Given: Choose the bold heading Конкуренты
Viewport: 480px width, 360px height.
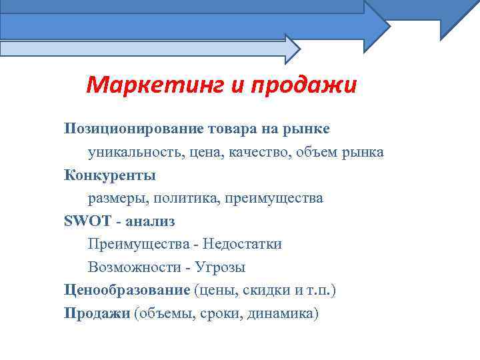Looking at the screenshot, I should (109, 175).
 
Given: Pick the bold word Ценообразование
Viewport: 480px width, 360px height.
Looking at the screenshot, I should (127, 290).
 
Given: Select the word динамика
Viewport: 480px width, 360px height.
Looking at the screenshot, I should (283, 313).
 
